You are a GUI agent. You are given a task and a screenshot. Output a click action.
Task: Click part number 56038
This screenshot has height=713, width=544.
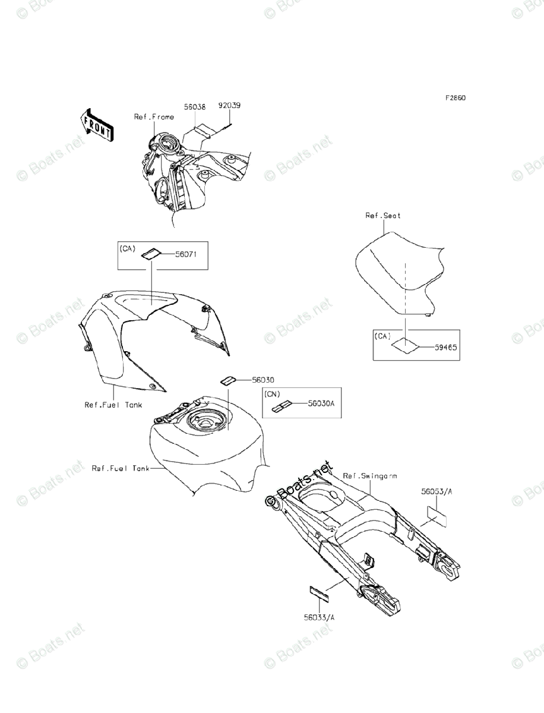194,108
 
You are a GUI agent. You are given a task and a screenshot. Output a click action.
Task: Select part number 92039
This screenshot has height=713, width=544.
229,106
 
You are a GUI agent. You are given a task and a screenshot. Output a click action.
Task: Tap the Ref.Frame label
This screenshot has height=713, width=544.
154,117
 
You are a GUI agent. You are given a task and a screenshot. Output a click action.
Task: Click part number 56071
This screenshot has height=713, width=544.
186,254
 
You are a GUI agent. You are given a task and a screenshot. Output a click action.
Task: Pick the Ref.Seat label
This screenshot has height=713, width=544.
383,216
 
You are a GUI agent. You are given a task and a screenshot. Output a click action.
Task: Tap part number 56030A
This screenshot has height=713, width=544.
324,403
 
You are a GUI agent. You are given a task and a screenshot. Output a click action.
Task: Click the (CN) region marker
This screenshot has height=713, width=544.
273,394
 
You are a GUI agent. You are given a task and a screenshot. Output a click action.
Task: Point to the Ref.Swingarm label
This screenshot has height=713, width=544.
371,476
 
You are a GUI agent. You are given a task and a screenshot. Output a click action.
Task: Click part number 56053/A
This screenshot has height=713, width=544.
437,492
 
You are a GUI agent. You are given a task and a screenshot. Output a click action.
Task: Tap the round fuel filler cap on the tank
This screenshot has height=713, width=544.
205,422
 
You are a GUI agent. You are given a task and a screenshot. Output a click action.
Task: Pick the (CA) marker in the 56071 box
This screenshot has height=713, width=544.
128,248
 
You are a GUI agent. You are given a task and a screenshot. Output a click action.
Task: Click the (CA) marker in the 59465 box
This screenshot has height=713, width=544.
383,336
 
